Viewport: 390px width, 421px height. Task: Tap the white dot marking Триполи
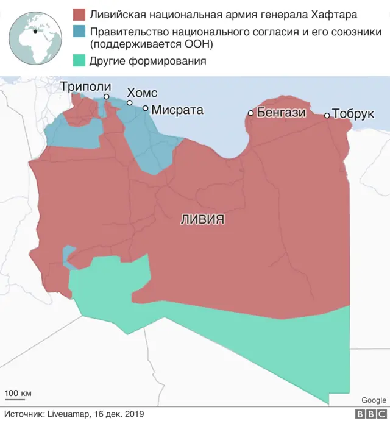[107, 97]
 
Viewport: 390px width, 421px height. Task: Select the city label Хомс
[141, 93]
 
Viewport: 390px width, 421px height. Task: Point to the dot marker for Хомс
[130, 103]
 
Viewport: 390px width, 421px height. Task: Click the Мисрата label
[177, 110]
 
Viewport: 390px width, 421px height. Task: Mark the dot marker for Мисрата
[146, 108]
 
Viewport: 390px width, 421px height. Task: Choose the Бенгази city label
[281, 112]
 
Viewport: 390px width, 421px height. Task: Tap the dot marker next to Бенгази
[250, 113]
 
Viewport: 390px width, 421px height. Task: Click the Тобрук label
[353, 114]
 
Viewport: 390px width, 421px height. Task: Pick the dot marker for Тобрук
[327, 115]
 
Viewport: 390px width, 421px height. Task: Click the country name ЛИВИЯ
[202, 219]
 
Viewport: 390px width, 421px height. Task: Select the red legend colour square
[78, 13]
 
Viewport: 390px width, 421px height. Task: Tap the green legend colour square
[78, 61]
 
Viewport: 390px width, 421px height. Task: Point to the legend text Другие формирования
[147, 61]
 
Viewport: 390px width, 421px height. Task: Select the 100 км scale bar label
[18, 393]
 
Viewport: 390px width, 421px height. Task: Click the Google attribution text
[374, 400]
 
